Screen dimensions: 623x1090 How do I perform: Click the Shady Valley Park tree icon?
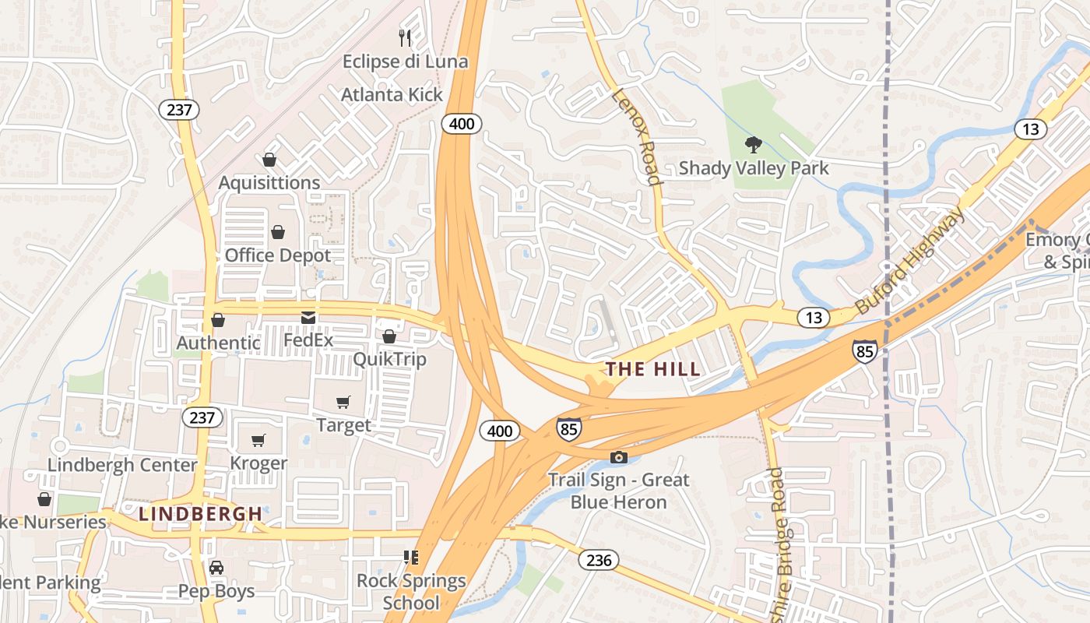(x=753, y=144)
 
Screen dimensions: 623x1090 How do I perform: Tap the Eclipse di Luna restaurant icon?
(x=405, y=38)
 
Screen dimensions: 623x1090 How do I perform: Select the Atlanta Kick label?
(x=392, y=95)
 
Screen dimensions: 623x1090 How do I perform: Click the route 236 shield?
(x=599, y=560)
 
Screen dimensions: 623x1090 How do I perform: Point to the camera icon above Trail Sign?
(x=619, y=457)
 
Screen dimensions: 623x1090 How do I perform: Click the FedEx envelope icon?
(x=308, y=318)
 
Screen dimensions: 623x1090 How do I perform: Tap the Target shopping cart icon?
(x=343, y=402)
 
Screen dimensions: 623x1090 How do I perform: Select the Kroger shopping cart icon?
(x=258, y=440)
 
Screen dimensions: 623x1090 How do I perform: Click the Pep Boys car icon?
(x=216, y=568)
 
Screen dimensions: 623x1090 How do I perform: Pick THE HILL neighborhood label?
(x=653, y=369)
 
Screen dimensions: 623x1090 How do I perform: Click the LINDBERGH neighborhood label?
(x=200, y=514)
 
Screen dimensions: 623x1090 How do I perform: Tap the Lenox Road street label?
(x=638, y=137)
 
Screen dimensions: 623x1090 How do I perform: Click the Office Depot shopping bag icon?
(x=278, y=232)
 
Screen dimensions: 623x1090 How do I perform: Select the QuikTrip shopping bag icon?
(x=389, y=336)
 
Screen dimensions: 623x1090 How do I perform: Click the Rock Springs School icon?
(x=410, y=558)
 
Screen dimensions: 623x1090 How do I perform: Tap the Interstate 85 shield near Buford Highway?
(x=864, y=351)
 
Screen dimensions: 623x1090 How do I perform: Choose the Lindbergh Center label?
(x=122, y=465)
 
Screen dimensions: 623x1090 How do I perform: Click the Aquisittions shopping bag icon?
(x=269, y=160)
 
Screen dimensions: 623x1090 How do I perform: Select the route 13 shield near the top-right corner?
(x=1030, y=129)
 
